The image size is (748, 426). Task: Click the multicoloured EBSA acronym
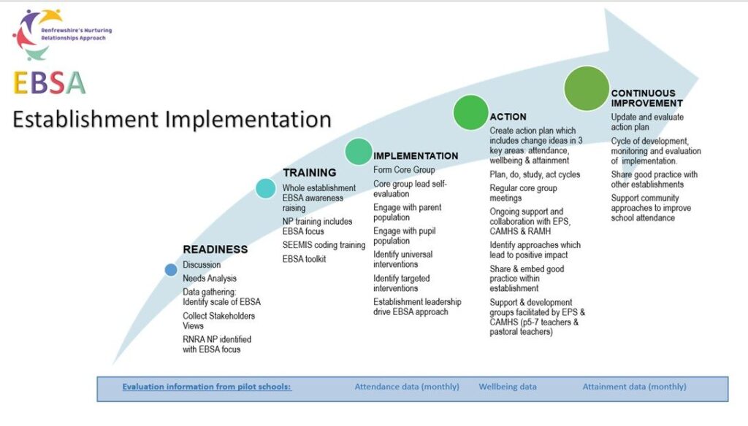[49, 83]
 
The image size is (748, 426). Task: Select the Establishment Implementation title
[172, 119]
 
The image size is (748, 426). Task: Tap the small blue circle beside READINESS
[171, 270]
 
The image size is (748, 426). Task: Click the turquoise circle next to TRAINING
[266, 188]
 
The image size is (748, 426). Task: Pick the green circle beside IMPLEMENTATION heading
[359, 151]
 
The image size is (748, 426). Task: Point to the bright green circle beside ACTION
[470, 112]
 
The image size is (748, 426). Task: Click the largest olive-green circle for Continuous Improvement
[587, 88]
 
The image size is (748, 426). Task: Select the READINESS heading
[215, 249]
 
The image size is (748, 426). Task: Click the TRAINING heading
[310, 173]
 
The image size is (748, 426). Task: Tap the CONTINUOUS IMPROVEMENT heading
[643, 98]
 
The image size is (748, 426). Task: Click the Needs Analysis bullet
[210, 279]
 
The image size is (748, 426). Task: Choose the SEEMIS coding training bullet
[324, 245]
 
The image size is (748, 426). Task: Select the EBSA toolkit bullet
[305, 259]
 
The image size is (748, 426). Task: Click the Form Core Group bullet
[404, 170]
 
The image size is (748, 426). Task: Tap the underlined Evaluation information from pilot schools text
[207, 387]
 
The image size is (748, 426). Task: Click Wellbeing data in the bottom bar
[508, 387]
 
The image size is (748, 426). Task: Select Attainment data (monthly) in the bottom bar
[634, 387]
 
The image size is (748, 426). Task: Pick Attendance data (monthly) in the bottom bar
[407, 387]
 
